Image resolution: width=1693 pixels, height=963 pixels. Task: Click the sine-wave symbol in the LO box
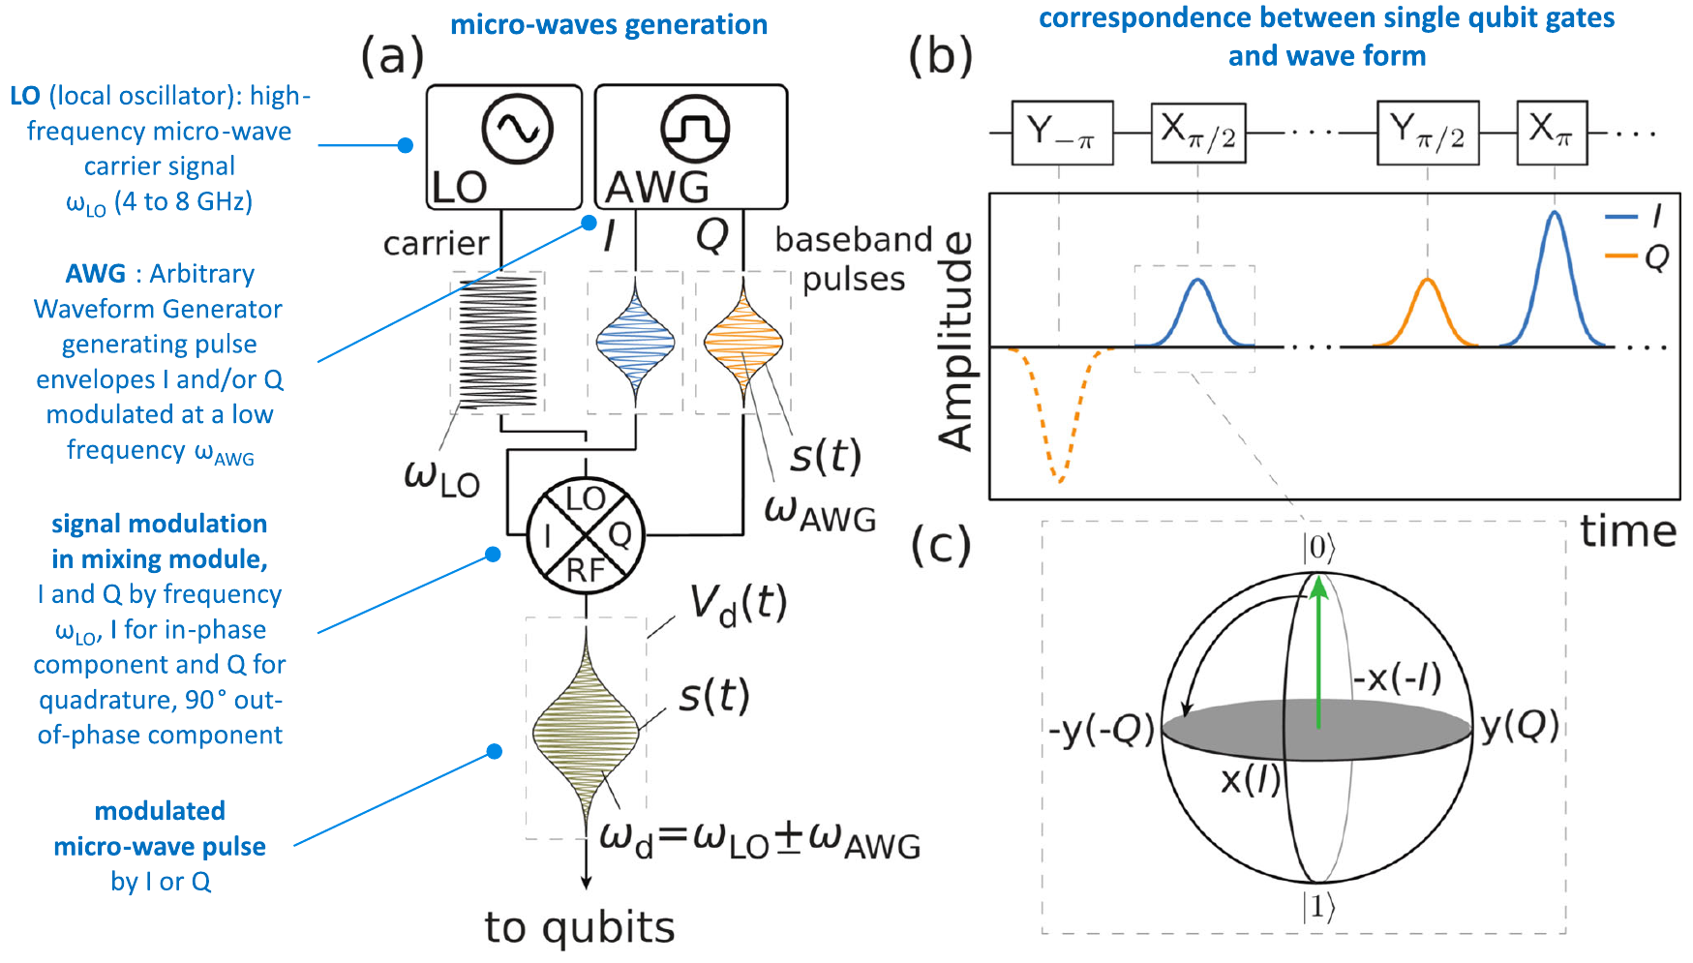pyautogui.click(x=517, y=128)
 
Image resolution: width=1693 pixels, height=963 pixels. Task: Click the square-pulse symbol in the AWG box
pyautogui.click(x=694, y=128)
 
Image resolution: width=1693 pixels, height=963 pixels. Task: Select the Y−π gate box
pyautogui.click(x=1062, y=133)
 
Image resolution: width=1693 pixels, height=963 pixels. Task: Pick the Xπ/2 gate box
pyautogui.click(x=1198, y=133)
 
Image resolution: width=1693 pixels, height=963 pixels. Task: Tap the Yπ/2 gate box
pyautogui.click(x=1428, y=133)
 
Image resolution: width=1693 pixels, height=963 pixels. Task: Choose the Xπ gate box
pyautogui.click(x=1552, y=133)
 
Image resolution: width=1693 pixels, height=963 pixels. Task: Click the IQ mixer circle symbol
pyautogui.click(x=586, y=535)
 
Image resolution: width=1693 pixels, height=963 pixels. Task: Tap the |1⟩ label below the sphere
pyautogui.click(x=1318, y=908)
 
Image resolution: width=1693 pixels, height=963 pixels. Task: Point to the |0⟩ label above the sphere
pyautogui.click(x=1318, y=548)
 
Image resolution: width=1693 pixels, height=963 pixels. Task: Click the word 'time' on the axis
pyautogui.click(x=1628, y=531)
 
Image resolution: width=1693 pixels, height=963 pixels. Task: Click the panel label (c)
pyautogui.click(x=941, y=547)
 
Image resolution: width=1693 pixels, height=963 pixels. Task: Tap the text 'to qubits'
pyautogui.click(x=580, y=927)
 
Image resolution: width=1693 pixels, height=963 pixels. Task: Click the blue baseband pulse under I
pyautogui.click(x=635, y=341)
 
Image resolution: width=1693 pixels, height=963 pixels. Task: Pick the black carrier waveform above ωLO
pyautogui.click(x=498, y=342)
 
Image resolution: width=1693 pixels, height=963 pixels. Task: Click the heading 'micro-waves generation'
pyautogui.click(x=609, y=24)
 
